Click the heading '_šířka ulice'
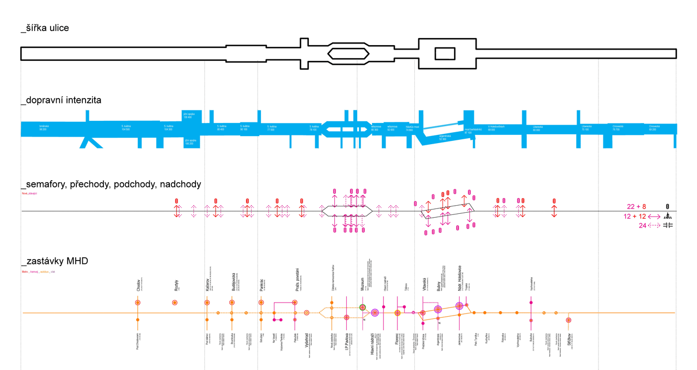tap(45, 28)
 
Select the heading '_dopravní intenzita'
tap(61, 101)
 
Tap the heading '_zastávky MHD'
tap(54, 262)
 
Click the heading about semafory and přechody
tap(111, 184)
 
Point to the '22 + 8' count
tap(637, 207)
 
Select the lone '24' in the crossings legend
tap(643, 226)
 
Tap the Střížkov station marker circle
tap(568, 321)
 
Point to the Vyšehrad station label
tap(307, 340)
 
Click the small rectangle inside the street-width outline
tap(444, 53)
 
